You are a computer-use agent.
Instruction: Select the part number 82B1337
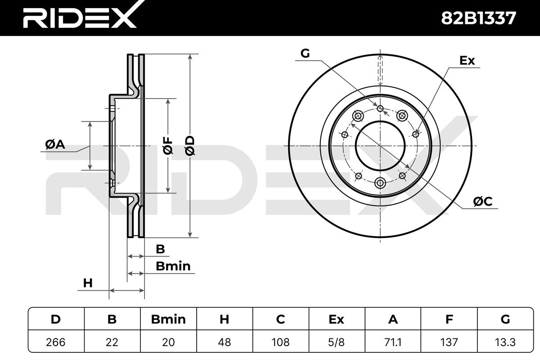pos(478,18)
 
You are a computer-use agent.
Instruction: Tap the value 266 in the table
pos(56,342)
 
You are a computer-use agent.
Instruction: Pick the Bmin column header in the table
pos(168,319)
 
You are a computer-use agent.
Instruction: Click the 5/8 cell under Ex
pos(336,342)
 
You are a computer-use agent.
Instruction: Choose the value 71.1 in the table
pos(393,342)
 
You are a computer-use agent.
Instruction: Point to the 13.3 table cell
pos(505,342)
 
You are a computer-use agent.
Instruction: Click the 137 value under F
pos(449,342)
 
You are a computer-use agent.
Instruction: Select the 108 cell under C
pos(281,342)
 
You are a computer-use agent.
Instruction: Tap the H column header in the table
pos(224,319)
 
